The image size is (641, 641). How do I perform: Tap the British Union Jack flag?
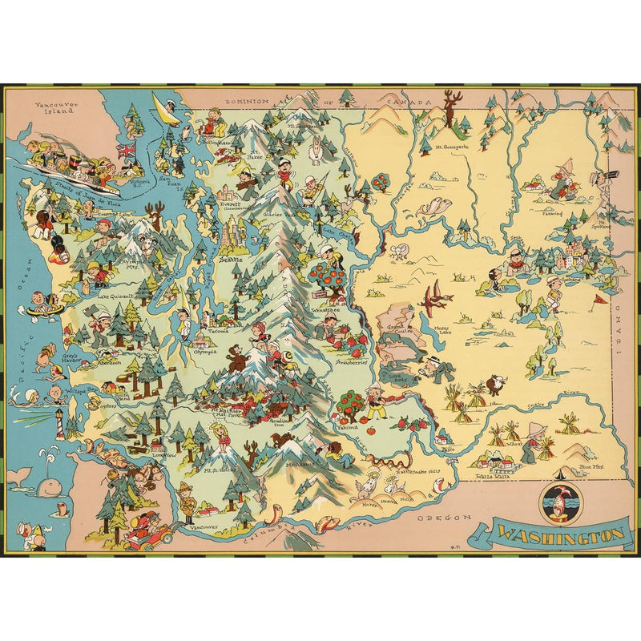126,151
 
